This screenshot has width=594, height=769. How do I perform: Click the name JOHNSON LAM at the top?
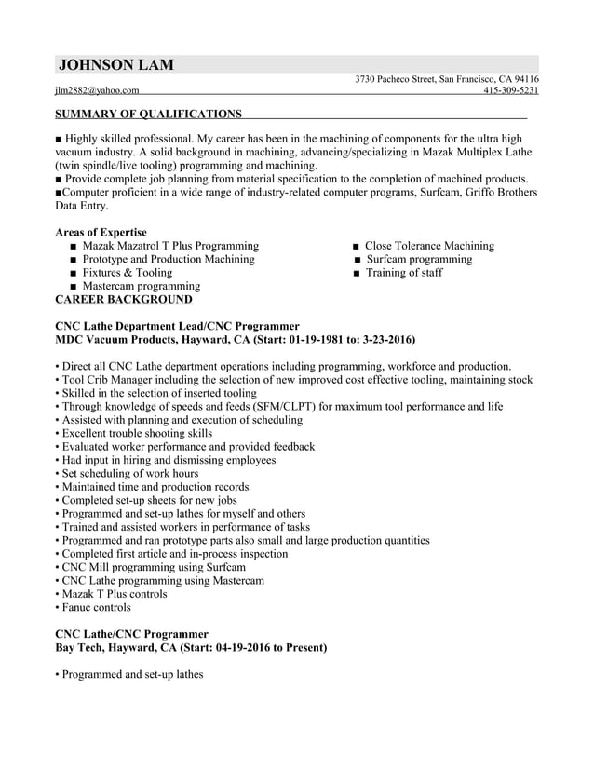pos(115,65)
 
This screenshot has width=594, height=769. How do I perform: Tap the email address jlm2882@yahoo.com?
pos(97,90)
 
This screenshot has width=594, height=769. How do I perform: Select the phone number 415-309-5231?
pos(511,90)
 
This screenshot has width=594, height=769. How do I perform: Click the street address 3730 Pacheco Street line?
pos(447,79)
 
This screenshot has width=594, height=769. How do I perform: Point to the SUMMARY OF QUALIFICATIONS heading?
pos(148,114)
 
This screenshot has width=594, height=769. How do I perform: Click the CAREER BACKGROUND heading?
pos(124,300)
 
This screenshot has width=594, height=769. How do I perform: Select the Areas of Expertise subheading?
pos(101,232)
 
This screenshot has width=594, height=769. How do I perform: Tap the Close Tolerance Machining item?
pos(429,246)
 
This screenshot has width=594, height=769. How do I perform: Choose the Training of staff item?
pos(403,273)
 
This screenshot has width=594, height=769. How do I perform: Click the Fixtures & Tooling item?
pos(128,273)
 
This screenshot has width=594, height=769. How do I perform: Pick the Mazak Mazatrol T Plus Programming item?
pos(170,246)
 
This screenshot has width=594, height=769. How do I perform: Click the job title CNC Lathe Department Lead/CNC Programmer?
pos(177,326)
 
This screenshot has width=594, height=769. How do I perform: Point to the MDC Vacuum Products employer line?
pos(236,340)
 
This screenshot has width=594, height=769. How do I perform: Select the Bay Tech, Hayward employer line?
pos(191,647)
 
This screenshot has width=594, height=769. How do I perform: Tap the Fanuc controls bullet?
pos(96,608)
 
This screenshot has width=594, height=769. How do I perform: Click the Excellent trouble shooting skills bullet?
pos(137,433)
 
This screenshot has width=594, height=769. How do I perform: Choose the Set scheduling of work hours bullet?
pos(129,473)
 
